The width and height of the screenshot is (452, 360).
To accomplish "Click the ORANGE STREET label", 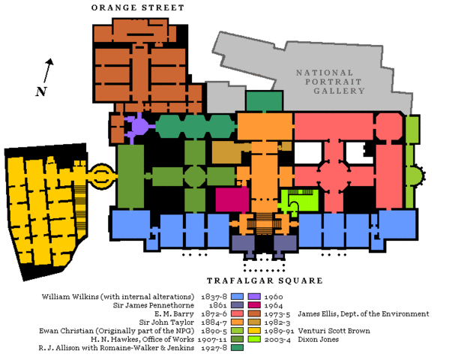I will [x=137, y=7].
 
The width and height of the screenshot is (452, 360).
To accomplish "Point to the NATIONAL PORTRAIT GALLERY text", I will [x=330, y=82].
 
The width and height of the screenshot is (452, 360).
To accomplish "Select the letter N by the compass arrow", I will [x=40, y=91].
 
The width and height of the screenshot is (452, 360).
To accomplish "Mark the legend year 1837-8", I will [x=214, y=296].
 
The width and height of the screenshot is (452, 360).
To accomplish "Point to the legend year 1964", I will [x=275, y=306].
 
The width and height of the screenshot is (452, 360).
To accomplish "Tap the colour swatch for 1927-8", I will [x=237, y=348].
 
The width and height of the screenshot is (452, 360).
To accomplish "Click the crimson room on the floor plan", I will [x=232, y=199].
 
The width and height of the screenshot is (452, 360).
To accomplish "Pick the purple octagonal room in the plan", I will [x=139, y=125].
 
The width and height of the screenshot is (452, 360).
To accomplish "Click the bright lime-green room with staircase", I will [x=299, y=199].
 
